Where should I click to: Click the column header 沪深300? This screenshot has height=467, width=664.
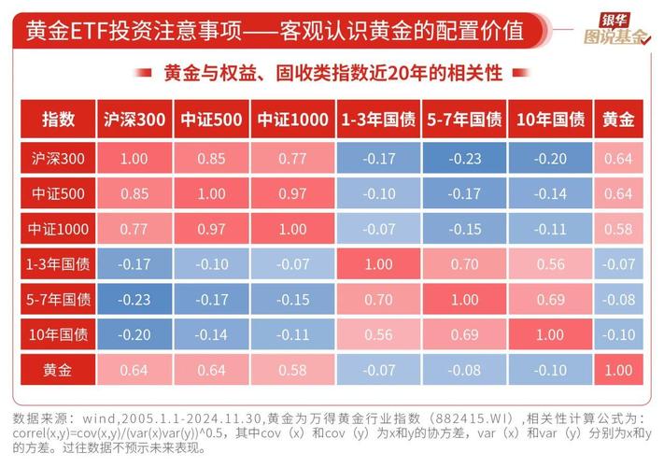tap(134, 120)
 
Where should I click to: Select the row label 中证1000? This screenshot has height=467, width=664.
tap(58, 229)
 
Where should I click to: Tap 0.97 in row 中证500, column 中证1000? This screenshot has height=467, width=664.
tap(292, 194)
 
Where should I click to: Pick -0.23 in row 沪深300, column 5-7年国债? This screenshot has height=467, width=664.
tap(464, 160)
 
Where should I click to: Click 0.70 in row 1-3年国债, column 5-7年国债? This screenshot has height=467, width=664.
tap(464, 264)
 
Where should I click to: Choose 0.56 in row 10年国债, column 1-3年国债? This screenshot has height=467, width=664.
tap(378, 334)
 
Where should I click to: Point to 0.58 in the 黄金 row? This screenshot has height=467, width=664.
tap(292, 370)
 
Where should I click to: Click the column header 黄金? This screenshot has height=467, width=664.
tap(618, 120)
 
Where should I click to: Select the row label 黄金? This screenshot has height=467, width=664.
tap(58, 370)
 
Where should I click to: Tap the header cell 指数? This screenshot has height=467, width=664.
tap(58, 120)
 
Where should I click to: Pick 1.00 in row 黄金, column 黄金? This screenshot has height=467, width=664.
tap(618, 370)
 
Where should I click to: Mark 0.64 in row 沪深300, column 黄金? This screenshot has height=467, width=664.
tap(618, 160)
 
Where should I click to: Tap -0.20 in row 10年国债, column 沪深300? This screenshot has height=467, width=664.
tap(134, 334)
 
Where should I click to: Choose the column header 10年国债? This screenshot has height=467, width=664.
tap(550, 120)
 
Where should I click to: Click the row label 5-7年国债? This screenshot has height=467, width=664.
tap(58, 300)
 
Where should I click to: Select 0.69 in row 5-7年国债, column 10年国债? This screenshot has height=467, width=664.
tap(550, 300)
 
